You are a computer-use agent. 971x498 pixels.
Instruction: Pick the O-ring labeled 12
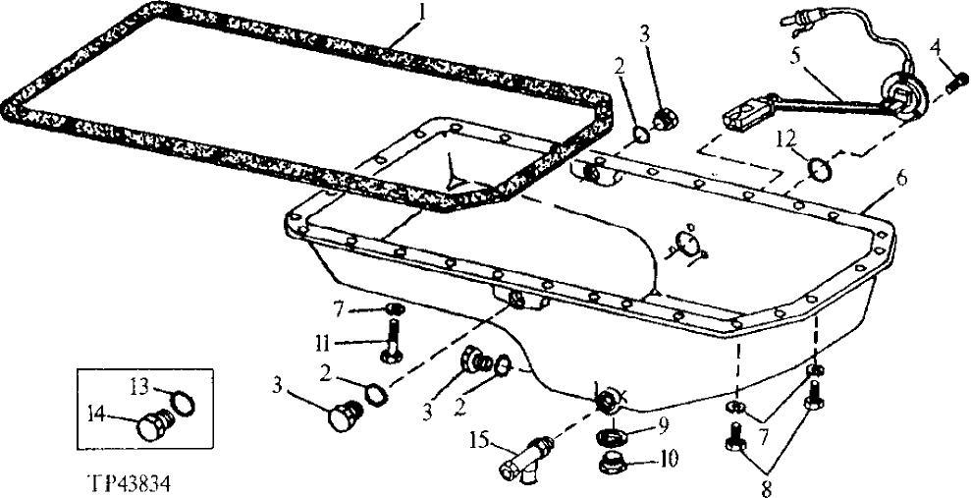point(817,168)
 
